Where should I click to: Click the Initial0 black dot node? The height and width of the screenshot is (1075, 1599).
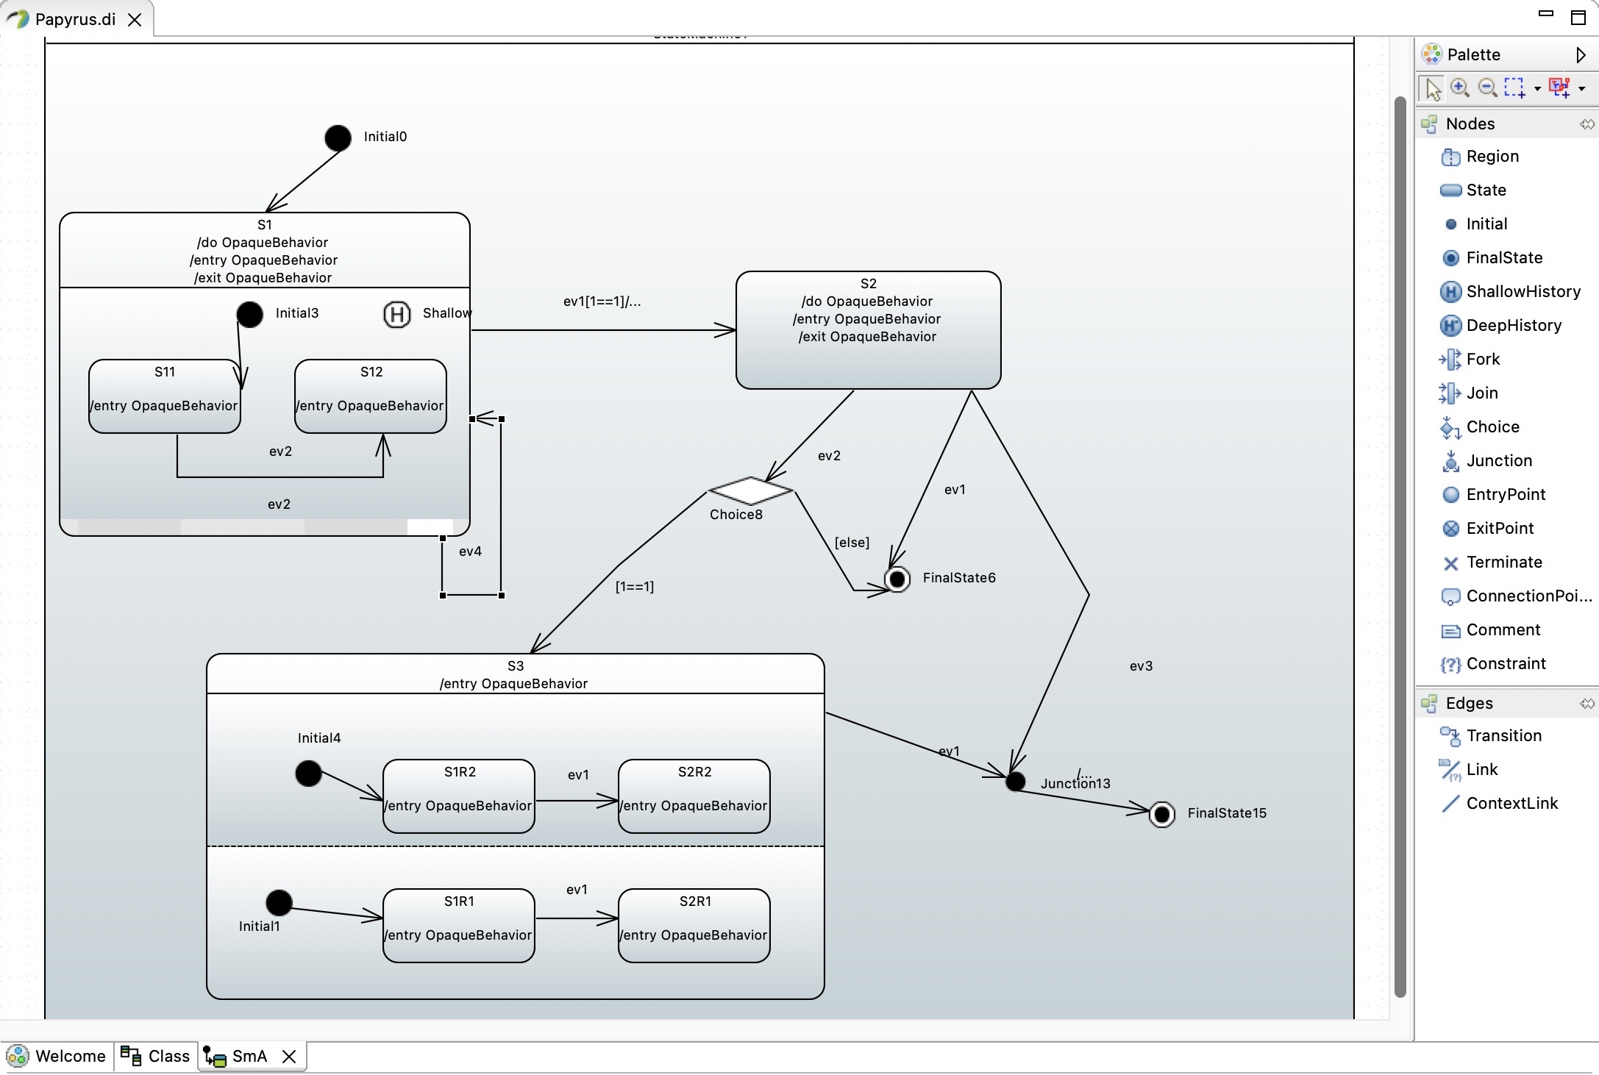coord(338,137)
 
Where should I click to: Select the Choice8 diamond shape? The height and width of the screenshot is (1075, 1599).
coord(750,490)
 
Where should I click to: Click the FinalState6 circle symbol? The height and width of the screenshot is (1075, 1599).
coord(897,579)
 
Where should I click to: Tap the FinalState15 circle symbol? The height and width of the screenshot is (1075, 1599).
coord(1162,814)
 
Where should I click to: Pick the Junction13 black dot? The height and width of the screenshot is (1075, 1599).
coord(1015,782)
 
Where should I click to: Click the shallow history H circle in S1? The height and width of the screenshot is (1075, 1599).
coord(396,315)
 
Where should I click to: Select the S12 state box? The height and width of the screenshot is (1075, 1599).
coord(371,396)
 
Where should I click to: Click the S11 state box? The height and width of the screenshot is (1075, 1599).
coord(164,396)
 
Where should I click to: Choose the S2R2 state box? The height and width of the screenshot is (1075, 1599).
coord(694,796)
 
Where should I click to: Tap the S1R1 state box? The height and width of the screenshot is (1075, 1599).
coord(458,925)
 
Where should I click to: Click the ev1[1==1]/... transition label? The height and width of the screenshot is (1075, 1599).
coord(602,301)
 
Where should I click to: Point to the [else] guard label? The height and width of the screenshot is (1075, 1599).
coord(852,543)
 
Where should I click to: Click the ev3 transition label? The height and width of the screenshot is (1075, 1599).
coord(1141,666)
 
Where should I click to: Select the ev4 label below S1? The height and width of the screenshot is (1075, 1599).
coord(470,551)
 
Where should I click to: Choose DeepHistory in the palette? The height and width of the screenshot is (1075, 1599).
coord(1513,325)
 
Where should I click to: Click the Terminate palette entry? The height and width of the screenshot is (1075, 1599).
coord(1503,562)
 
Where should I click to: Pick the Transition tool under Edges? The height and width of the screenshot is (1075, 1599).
coord(1503,735)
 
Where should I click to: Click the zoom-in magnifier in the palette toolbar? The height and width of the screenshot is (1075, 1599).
coord(1460,88)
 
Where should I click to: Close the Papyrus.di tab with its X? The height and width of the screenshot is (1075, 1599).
coord(135,20)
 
